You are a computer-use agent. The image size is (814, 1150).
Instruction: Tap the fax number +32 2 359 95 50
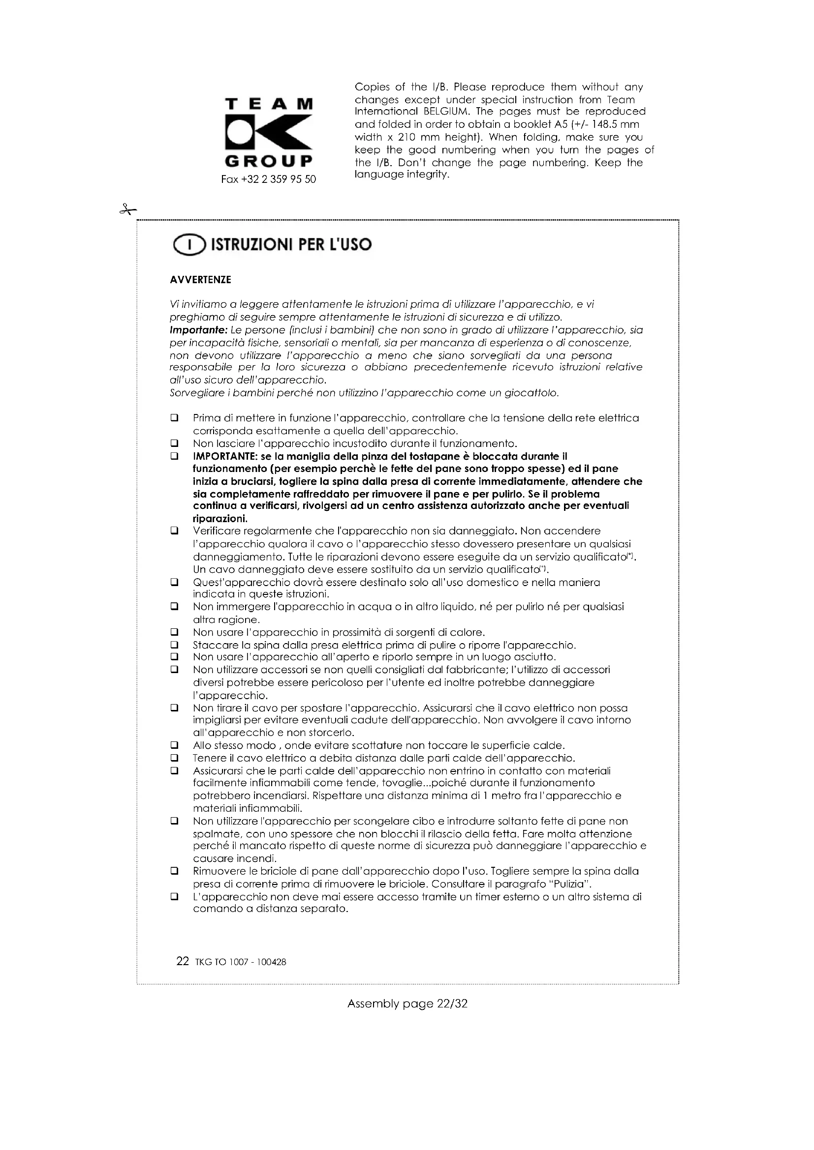click(x=268, y=179)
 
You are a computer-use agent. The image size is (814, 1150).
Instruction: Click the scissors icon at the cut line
click(x=128, y=209)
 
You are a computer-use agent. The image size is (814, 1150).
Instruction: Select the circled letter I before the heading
click(x=189, y=245)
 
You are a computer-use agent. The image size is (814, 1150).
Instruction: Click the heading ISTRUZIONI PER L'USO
click(x=291, y=245)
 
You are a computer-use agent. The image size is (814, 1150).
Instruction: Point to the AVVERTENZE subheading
click(x=200, y=280)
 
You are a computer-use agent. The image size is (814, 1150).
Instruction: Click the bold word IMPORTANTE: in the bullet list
click(x=225, y=456)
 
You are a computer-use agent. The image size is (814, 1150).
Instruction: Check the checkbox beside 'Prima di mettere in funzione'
click(x=174, y=417)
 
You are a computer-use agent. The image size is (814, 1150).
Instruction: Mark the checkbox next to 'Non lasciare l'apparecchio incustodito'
click(x=174, y=443)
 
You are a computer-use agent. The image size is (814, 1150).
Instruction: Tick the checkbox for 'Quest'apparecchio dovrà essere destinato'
click(x=174, y=582)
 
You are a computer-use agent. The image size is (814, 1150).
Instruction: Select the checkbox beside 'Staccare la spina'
click(x=174, y=645)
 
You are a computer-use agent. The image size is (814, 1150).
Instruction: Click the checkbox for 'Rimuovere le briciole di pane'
click(x=174, y=871)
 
